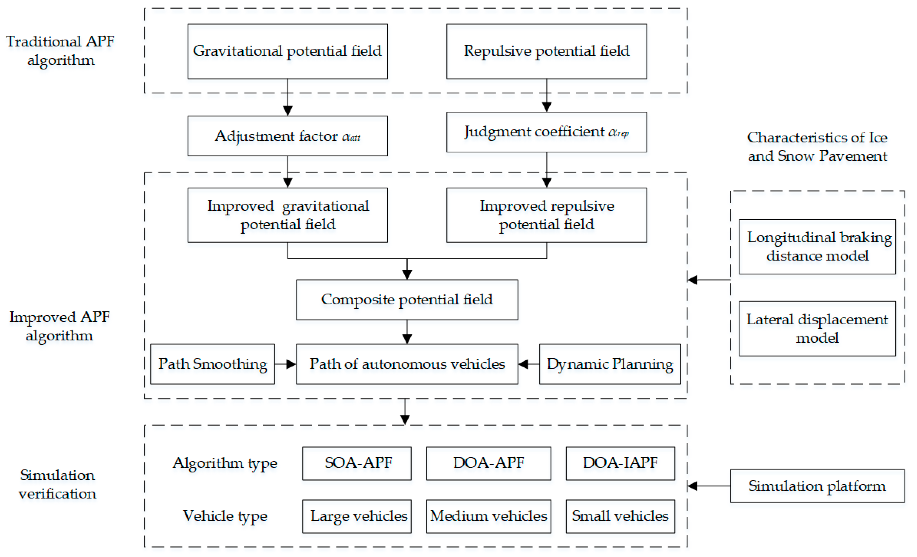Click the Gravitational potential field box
click(x=287, y=51)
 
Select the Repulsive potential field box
click(x=546, y=51)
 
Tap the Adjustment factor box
click(x=287, y=136)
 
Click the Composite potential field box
click(x=407, y=300)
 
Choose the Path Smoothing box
click(x=212, y=364)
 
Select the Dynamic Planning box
click(x=609, y=364)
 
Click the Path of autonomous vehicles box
click(x=407, y=364)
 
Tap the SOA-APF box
click(x=357, y=463)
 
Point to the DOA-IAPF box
click(x=620, y=463)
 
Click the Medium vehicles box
click(x=488, y=516)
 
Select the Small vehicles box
click(x=620, y=516)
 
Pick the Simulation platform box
click(x=817, y=486)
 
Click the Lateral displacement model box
click(x=817, y=329)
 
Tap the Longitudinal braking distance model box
click(x=817, y=247)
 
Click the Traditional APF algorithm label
click(x=60, y=51)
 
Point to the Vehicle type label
click(x=225, y=516)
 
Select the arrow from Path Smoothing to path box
click(x=285, y=364)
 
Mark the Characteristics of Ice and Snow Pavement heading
click(x=817, y=147)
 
